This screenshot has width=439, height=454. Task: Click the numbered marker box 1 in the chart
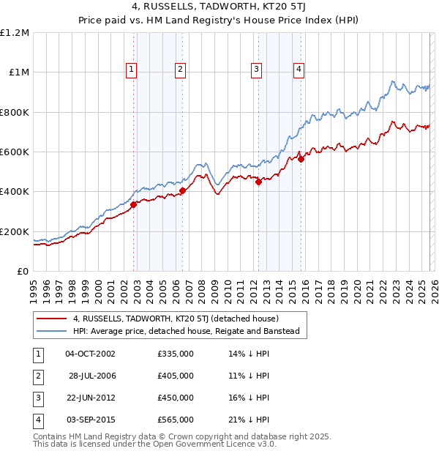point(131,70)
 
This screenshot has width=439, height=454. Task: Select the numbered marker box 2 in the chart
point(180,70)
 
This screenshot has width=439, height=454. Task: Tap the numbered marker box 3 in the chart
point(257,70)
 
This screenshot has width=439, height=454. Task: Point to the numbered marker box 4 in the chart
point(299,70)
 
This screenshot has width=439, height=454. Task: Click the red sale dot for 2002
point(134,205)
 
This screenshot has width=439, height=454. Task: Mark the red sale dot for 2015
point(301,159)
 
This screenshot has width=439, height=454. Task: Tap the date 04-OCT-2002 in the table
point(90,354)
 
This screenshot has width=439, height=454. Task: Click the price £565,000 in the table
point(176,420)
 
